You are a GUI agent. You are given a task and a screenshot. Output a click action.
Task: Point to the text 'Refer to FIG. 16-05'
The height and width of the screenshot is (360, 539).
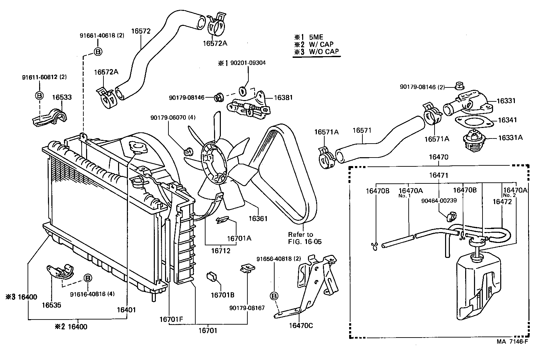tap(305, 238)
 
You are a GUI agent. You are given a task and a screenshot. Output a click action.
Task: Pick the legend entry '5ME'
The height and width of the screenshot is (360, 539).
tap(316, 37)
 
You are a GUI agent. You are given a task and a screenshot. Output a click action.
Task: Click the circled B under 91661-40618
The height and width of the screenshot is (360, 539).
tap(98, 52)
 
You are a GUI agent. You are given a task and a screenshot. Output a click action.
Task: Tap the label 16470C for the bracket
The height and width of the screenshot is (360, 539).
tap(301, 325)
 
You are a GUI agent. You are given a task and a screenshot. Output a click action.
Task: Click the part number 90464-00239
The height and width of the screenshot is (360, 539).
tap(439, 200)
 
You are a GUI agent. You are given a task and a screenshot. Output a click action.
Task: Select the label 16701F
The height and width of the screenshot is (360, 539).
tap(171, 320)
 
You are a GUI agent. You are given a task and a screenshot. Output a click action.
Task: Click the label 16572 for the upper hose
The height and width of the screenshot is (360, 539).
tap(141, 31)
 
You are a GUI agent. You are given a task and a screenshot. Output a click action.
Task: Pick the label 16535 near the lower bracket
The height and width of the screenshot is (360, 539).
tap(51, 305)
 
